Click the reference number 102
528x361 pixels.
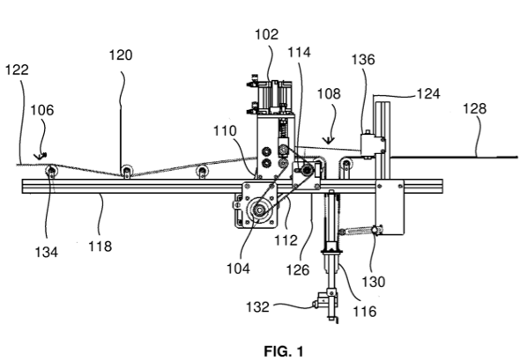pos(266,34)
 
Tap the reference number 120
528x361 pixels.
pos(121,55)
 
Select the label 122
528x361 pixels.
pos(17,70)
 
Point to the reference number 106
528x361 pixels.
pos(41,110)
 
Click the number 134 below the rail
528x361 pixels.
pos(47,252)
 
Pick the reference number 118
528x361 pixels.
pos(100,247)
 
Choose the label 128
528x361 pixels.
pos(474,108)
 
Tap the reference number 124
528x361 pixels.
pos(428,93)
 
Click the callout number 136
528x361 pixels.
pos(363,60)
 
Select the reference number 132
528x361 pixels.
pos(257,306)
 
